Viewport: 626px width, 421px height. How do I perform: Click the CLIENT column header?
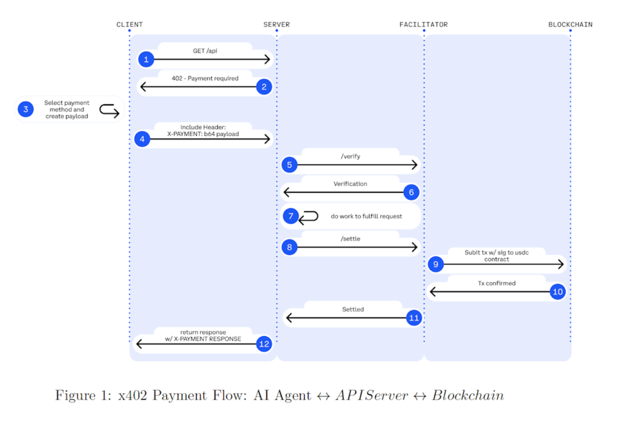[x=129, y=24]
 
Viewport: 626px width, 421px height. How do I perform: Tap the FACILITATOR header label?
[x=423, y=24]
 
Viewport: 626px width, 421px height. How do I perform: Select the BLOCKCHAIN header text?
[x=570, y=24]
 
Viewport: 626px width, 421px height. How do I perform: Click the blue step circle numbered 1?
[x=146, y=59]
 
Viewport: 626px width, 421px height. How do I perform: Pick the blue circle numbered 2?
[x=264, y=87]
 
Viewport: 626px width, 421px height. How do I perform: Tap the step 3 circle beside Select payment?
[x=26, y=109]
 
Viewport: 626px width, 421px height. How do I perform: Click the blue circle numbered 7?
[x=290, y=216]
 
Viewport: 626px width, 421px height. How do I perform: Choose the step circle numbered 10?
[x=558, y=291]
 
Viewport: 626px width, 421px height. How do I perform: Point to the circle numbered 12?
[x=264, y=344]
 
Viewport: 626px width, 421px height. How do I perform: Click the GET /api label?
[x=205, y=51]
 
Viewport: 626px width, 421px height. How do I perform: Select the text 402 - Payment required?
[x=205, y=78]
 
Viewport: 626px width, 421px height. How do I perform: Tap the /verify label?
[x=350, y=157]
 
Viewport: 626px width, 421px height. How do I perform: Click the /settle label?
[x=350, y=239]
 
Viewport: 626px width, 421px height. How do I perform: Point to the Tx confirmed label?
[x=497, y=283]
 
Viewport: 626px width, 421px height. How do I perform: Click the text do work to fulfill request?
[x=366, y=216]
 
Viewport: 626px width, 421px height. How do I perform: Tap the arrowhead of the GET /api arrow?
[x=267, y=59]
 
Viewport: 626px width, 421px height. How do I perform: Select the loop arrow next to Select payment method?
[x=109, y=110]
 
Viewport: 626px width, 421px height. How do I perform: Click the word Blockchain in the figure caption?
[x=468, y=395]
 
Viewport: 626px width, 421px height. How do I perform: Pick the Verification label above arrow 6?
[x=350, y=184]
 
